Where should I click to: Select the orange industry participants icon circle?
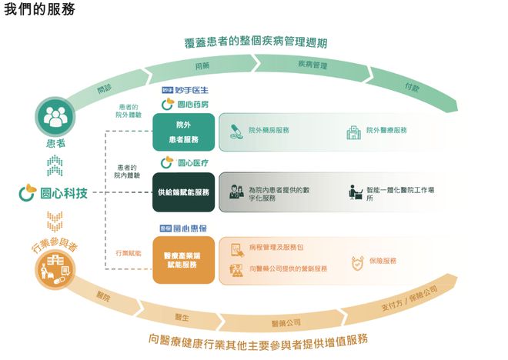(x=54, y=269)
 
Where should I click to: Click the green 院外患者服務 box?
(x=182, y=132)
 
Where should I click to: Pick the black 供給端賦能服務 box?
(x=182, y=192)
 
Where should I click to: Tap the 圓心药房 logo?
(x=182, y=104)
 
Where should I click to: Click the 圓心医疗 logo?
(x=182, y=163)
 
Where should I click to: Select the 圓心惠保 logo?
(x=182, y=228)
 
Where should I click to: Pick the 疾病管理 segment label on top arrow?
(x=312, y=65)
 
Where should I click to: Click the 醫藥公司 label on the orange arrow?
(x=286, y=321)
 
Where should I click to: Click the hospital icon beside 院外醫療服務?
(x=353, y=132)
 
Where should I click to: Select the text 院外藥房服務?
(x=269, y=131)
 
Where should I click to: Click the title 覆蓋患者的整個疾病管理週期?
(x=254, y=42)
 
